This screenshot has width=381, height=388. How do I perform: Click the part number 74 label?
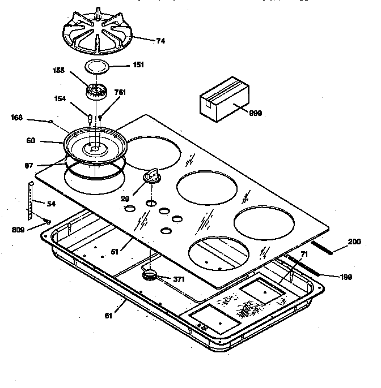tap(161, 41)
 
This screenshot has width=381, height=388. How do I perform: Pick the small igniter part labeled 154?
tap(90, 117)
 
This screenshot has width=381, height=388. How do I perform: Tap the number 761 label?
tap(120, 92)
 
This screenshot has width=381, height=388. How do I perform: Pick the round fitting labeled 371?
tap(151, 275)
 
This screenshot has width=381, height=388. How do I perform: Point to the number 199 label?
tap(346, 277)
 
